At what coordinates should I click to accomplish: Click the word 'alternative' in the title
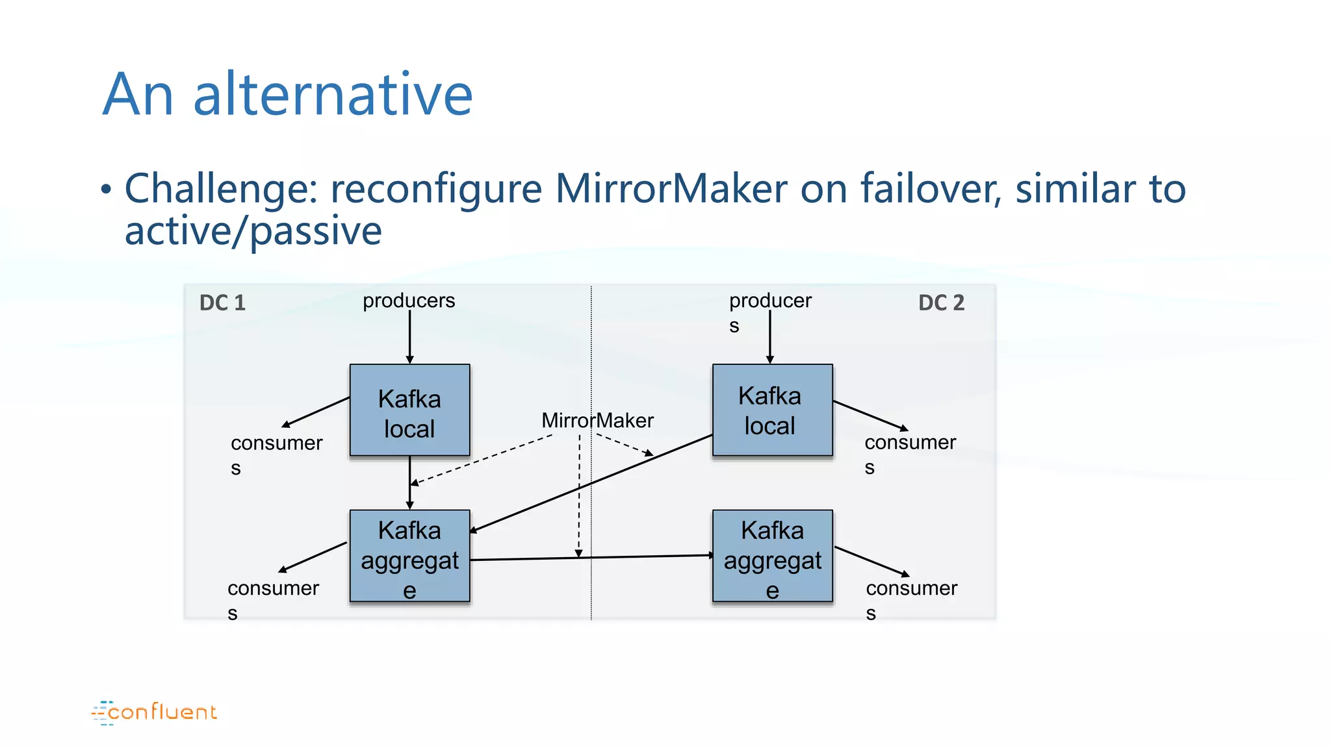click(x=333, y=95)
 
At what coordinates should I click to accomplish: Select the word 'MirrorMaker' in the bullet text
click(x=671, y=189)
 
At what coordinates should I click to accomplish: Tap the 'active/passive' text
click(x=253, y=231)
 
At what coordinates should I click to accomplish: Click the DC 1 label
click(x=222, y=303)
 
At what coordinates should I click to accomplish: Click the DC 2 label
click(x=941, y=303)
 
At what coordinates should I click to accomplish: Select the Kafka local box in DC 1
click(x=409, y=410)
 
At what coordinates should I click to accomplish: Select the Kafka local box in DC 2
click(x=772, y=410)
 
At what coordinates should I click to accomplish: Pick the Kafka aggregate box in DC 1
click(x=409, y=556)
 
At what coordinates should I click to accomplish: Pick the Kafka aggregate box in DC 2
click(x=772, y=556)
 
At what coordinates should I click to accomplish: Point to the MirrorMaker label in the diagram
click(x=597, y=421)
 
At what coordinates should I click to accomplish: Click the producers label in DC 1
click(x=409, y=301)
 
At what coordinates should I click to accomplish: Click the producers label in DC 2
click(x=769, y=301)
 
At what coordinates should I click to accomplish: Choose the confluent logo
click(x=155, y=712)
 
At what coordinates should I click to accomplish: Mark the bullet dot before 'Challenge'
click(x=106, y=190)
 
